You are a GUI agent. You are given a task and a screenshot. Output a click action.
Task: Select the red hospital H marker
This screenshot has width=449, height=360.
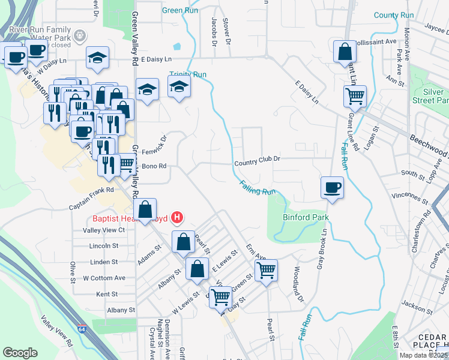(177, 217)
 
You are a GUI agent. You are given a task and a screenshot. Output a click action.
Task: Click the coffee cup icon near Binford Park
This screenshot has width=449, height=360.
(333, 187)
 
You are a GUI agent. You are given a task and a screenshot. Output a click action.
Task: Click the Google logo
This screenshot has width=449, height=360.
(20, 353)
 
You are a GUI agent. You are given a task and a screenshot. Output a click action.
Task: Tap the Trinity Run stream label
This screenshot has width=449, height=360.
(188, 74)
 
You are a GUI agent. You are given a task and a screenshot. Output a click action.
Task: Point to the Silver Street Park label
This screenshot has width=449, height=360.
(433, 96)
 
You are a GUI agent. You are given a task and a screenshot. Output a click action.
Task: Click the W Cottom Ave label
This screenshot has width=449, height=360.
(104, 278)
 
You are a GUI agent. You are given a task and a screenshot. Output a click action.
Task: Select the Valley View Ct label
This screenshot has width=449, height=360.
(104, 230)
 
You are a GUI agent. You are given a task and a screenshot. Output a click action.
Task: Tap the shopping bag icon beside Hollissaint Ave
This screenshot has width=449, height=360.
(345, 52)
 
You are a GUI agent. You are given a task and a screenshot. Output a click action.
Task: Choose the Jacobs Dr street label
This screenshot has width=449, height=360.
(214, 31)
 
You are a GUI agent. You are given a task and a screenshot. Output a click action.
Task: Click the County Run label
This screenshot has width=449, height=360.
(394, 15)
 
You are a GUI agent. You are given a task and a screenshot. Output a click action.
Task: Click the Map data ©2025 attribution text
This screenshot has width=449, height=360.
(423, 355)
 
